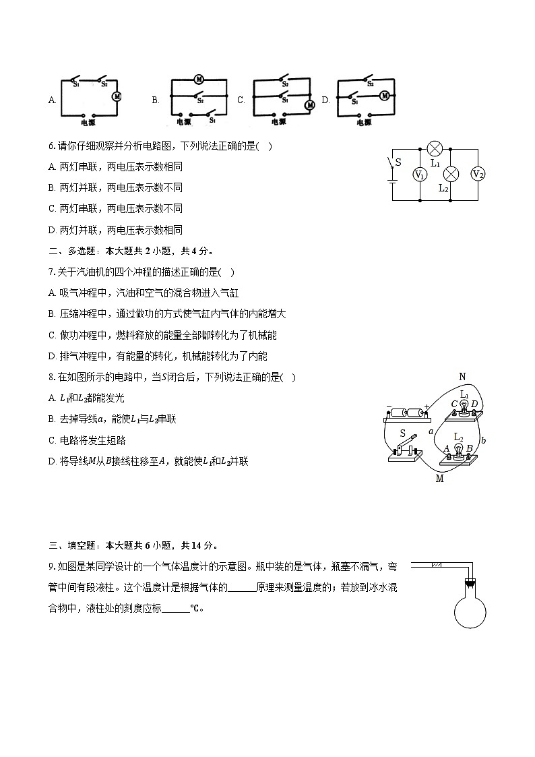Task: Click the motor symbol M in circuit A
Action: [x=116, y=96]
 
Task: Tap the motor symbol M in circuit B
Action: [x=199, y=80]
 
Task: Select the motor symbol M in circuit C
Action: [x=309, y=105]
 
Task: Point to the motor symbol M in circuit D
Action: [x=385, y=96]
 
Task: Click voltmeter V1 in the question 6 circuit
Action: [x=419, y=175]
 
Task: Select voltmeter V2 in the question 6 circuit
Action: [x=478, y=174]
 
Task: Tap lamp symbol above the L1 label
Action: [x=435, y=148]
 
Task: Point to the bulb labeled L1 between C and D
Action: [x=464, y=404]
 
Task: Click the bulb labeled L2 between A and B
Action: [x=458, y=448]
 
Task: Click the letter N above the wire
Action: [x=462, y=376]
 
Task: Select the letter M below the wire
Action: [x=439, y=479]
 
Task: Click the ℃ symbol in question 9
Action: [x=194, y=608]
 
